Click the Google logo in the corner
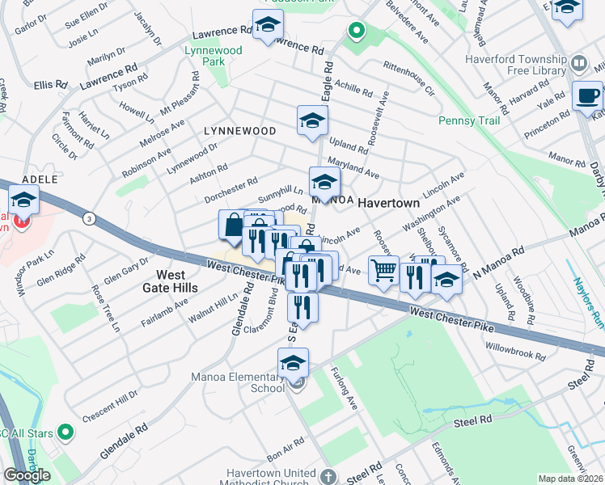[x=27, y=475]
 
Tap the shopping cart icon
[x=383, y=271]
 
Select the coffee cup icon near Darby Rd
[x=587, y=96]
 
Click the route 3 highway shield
[x=87, y=217]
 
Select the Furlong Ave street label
[x=345, y=389]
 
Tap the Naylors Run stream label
[x=587, y=302]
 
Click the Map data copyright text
[x=571, y=479]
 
